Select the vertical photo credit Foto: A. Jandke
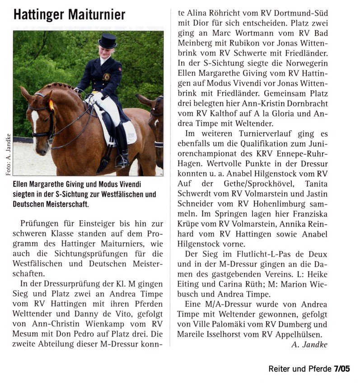point(7,153)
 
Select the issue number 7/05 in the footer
point(342,369)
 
